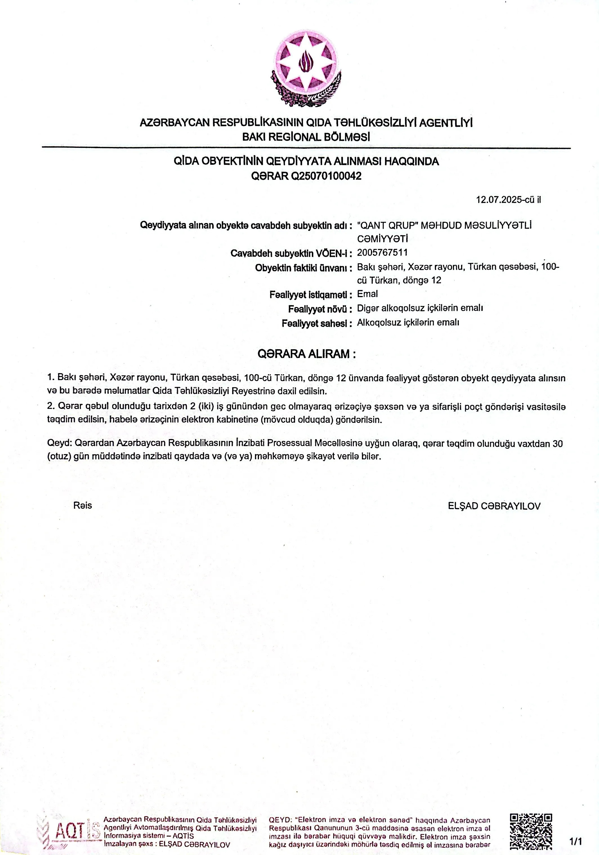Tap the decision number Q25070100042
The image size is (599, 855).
click(326, 176)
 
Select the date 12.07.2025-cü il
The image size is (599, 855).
click(508, 200)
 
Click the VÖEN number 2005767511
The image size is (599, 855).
click(382, 253)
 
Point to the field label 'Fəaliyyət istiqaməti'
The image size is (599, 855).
click(310, 295)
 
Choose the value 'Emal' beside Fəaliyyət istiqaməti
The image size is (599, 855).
click(367, 294)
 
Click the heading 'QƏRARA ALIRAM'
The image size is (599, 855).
click(306, 354)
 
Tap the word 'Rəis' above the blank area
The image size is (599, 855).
click(83, 505)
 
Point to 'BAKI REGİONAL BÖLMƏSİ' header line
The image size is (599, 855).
click(306, 137)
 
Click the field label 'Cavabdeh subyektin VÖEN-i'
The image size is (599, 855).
click(291, 253)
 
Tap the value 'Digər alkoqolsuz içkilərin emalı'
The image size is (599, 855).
click(420, 308)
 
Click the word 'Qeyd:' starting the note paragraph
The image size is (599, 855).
click(60, 444)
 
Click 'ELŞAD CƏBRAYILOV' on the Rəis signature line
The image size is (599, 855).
click(494, 506)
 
